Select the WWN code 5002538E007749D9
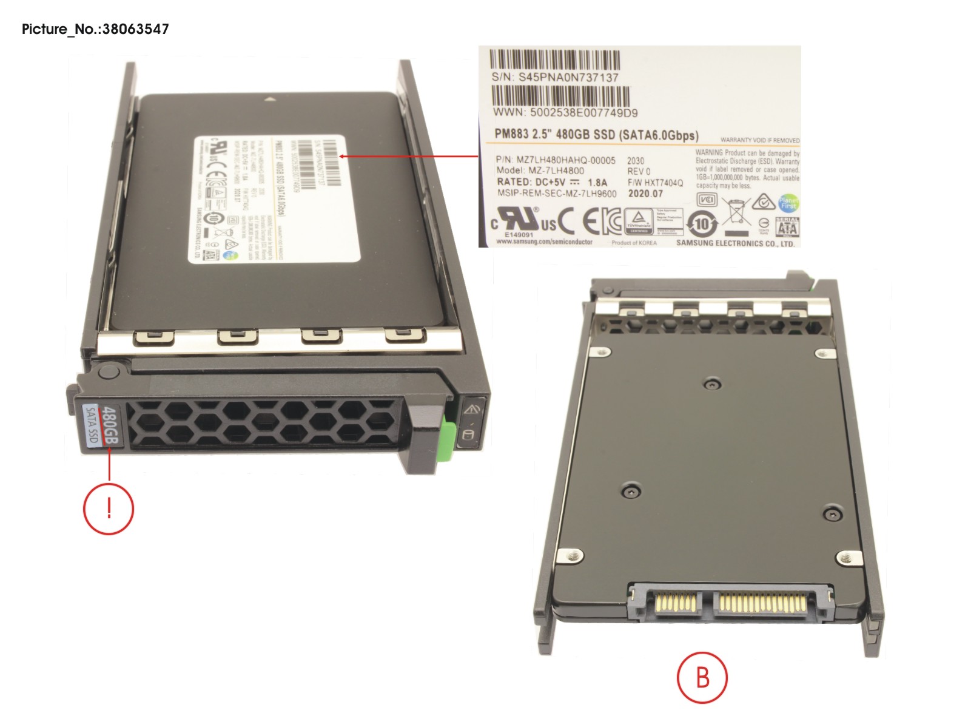583,112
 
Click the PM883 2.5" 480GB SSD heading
596,135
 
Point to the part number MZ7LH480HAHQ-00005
565,160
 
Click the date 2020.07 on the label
645,194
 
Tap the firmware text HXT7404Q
664,183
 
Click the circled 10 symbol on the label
702,225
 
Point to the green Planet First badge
788,203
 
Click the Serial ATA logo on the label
787,227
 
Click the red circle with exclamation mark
109,509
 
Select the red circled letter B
702,677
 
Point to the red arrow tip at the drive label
341,156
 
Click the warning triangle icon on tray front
472,409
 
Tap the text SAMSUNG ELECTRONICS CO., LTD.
735,243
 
